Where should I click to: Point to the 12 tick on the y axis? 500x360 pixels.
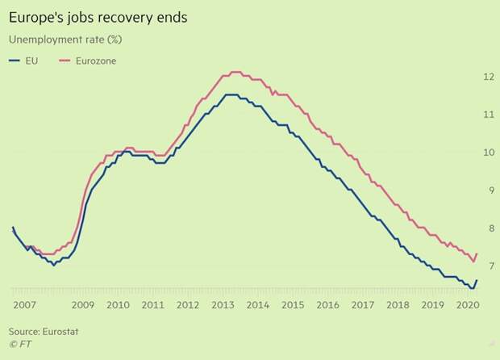[488, 77]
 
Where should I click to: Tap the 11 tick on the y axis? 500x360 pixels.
[488, 115]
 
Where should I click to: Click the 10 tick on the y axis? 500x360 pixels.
[488, 153]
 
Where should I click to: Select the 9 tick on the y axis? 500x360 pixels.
[488, 190]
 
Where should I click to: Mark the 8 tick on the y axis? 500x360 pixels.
[488, 228]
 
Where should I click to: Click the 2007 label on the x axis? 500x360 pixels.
[25, 306]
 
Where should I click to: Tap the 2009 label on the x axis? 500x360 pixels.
[83, 306]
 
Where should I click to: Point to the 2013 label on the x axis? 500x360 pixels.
[223, 306]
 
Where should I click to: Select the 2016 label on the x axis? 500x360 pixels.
[328, 306]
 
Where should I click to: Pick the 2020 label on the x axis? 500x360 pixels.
[469, 306]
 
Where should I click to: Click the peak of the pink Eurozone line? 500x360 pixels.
[234, 72]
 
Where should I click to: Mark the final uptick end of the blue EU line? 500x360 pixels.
[477, 280]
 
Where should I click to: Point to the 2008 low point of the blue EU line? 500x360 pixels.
[54, 264]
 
